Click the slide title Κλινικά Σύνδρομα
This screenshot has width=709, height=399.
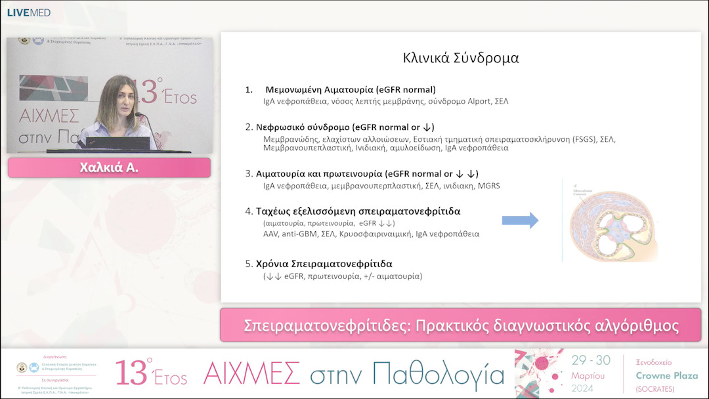pyautogui.click(x=461, y=58)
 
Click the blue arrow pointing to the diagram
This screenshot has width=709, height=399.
pyautogui.click(x=520, y=220)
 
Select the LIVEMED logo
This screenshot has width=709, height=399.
pyautogui.click(x=28, y=12)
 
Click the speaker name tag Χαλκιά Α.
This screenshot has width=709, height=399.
pyautogui.click(x=109, y=168)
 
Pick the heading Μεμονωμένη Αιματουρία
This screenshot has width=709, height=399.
pyautogui.click(x=350, y=90)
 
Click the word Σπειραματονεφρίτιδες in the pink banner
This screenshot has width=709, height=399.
pyautogui.click(x=327, y=325)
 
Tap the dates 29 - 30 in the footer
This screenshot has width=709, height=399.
pyautogui.click(x=591, y=360)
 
